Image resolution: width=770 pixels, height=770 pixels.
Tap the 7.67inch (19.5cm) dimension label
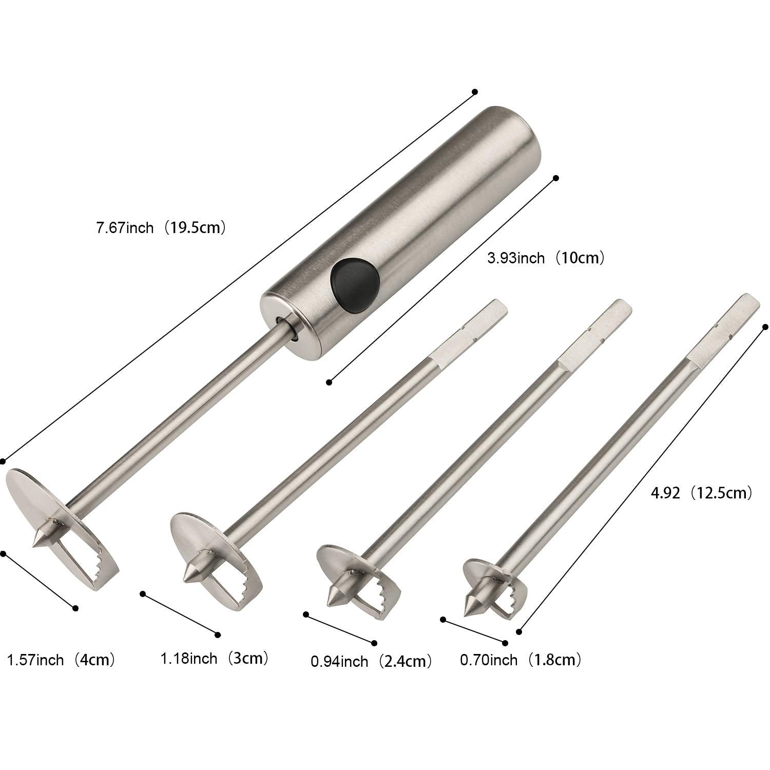tap(161, 227)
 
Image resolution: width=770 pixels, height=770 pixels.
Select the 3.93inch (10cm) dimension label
tap(546, 257)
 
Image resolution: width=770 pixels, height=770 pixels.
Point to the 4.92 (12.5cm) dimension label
tap(701, 493)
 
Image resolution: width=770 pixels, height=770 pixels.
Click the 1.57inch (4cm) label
tap(60, 659)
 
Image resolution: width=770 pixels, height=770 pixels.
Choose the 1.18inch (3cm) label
tap(215, 658)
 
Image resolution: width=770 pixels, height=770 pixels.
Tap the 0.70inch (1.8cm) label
tap(521, 659)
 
